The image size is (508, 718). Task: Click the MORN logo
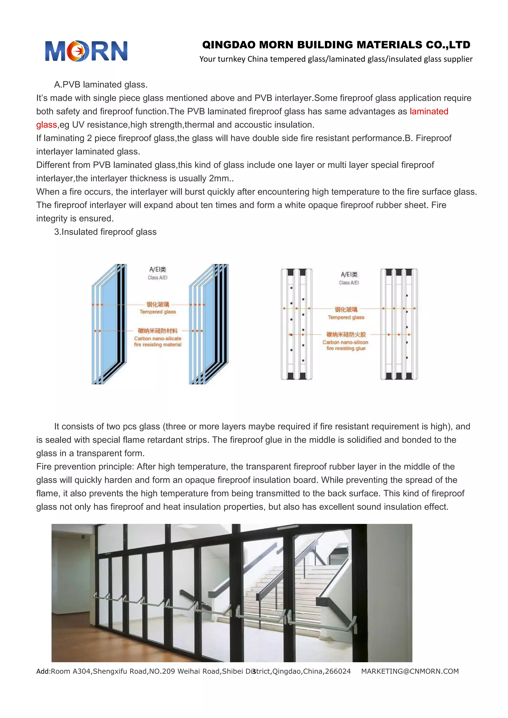(86, 51)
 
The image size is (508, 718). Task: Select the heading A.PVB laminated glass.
(100, 85)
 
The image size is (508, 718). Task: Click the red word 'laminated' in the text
(429, 111)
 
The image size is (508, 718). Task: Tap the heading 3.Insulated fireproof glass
(105, 232)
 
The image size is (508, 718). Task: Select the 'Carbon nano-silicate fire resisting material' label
(158, 341)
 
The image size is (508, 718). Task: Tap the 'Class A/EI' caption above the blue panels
(158, 278)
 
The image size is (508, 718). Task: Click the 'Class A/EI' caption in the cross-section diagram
(349, 283)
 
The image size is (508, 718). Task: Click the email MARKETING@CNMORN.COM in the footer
(410, 671)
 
